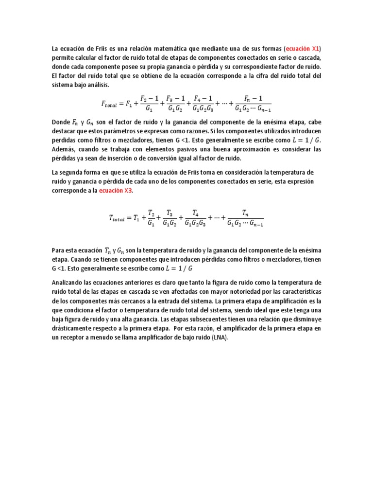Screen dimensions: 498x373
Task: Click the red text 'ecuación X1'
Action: pyautogui.click(x=305, y=49)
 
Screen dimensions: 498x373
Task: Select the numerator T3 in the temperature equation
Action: pyautogui.click(x=170, y=213)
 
